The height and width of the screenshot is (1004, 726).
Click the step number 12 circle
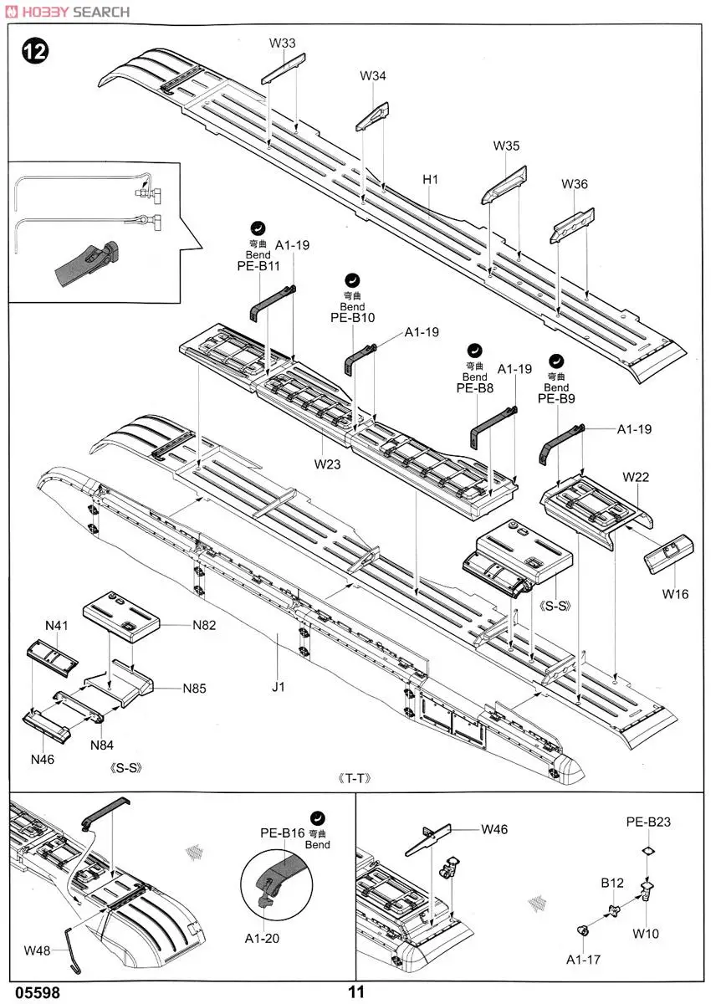[35, 51]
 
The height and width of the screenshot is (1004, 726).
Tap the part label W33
[283, 43]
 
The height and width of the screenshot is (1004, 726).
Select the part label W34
[373, 76]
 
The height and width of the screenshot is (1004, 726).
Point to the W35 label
[506, 146]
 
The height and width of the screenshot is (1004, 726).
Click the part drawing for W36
[574, 219]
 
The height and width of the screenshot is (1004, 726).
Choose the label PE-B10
[352, 318]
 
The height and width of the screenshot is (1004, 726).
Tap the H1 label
[431, 179]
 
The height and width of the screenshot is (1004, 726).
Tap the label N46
[43, 760]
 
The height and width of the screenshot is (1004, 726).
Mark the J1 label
[279, 687]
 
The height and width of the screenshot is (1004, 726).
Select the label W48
[37, 950]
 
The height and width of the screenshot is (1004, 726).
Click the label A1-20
[262, 939]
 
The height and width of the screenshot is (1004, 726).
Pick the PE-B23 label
[648, 822]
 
